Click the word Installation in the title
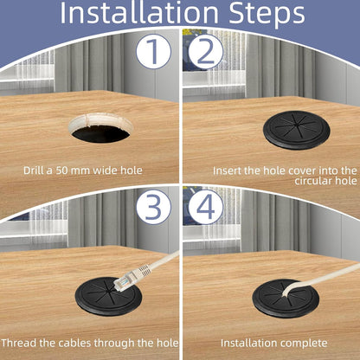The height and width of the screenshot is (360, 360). pyautogui.click(x=138, y=12)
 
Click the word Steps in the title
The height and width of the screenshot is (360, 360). pyautogui.click(x=267, y=15)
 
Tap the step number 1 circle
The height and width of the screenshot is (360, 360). pyautogui.click(x=153, y=51)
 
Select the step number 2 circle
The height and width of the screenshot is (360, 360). pyautogui.click(x=205, y=51)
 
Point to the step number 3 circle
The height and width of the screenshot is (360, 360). pyautogui.click(x=153, y=207)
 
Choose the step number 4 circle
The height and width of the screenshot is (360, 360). pyautogui.click(x=206, y=207)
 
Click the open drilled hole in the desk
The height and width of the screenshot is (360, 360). pyautogui.click(x=100, y=128)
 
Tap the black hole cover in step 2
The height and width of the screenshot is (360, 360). pyautogui.click(x=297, y=130)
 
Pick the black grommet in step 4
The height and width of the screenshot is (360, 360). pyautogui.click(x=286, y=299)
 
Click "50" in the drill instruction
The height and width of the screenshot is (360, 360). pyautogui.click(x=62, y=170)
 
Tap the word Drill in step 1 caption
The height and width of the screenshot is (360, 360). pyautogui.click(x=34, y=170)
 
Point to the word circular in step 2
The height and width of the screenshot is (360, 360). pyautogui.click(x=313, y=181)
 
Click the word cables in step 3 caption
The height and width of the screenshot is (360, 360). pyautogui.click(x=75, y=343)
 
